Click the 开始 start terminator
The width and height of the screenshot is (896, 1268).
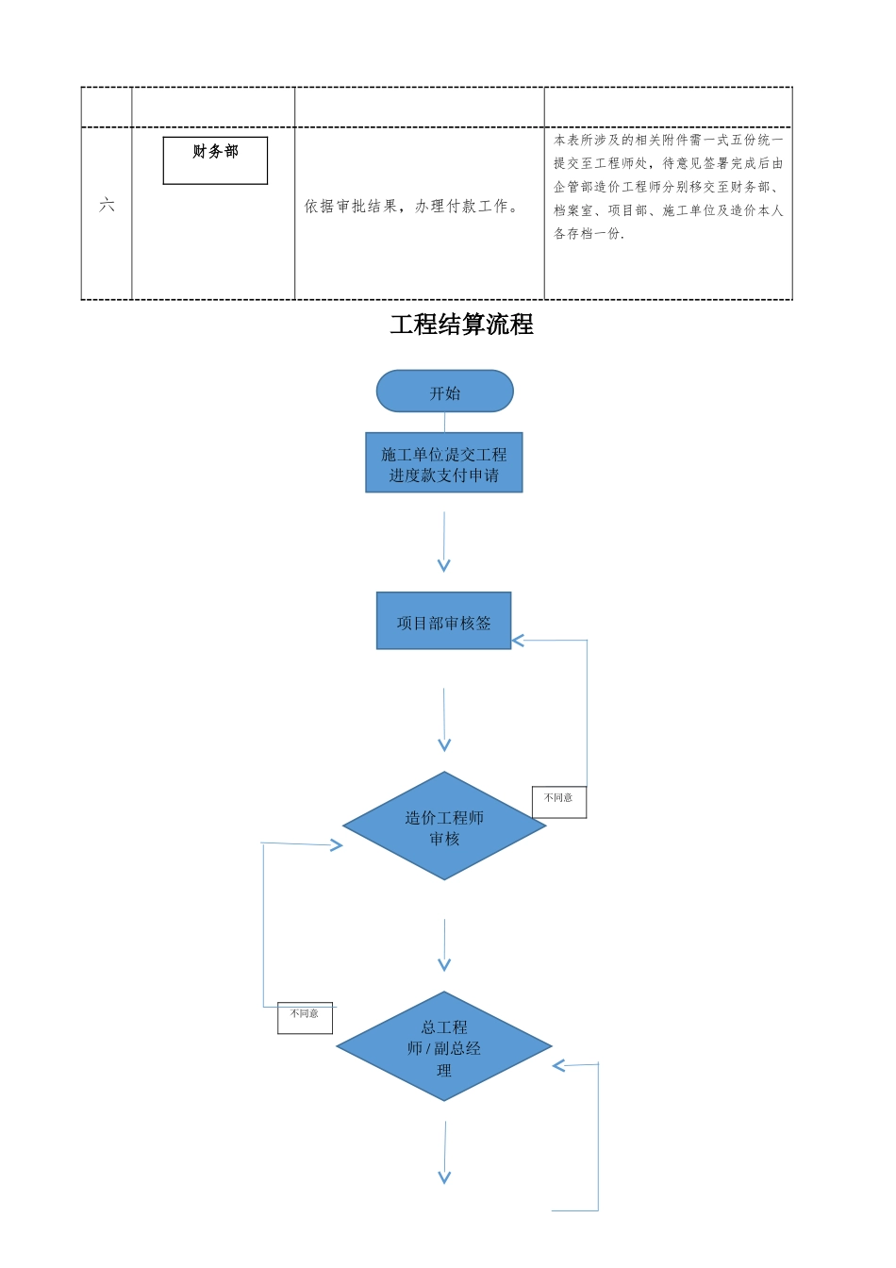(x=444, y=392)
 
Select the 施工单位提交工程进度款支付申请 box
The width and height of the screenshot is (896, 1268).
(x=443, y=463)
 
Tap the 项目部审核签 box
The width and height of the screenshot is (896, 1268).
(x=443, y=622)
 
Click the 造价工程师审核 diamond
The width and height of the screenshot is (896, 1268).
(x=444, y=826)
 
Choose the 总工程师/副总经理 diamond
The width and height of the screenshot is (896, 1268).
(x=444, y=1046)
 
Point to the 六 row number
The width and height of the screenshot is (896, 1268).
(x=107, y=205)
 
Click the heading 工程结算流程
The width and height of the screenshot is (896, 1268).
(x=461, y=325)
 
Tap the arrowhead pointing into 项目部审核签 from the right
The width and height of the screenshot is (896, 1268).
(x=518, y=641)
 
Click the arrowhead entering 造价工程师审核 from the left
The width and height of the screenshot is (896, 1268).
(x=337, y=845)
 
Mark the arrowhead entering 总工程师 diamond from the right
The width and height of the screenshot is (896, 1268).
(x=558, y=1066)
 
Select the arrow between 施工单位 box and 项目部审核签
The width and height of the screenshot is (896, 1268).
(x=443, y=542)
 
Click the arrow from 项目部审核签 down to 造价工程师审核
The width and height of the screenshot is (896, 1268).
(x=444, y=720)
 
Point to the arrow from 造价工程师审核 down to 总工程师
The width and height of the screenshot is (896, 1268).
(x=444, y=945)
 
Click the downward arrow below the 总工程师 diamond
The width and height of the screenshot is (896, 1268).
(x=445, y=1153)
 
